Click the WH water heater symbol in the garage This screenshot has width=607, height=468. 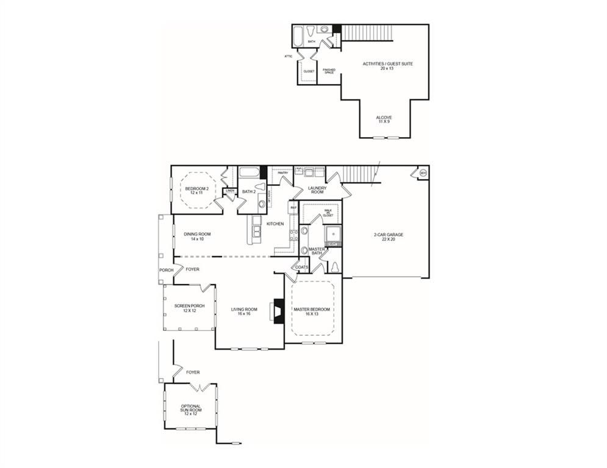(423, 173)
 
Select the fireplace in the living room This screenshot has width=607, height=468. (278, 310)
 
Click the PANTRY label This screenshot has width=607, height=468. (282, 173)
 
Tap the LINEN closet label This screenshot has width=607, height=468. (230, 191)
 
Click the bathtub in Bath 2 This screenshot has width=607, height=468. (249, 172)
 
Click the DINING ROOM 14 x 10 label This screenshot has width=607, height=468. (196, 236)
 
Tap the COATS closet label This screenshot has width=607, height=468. (302, 267)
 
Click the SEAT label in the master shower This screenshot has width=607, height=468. (332, 244)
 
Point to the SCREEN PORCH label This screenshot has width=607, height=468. (189, 308)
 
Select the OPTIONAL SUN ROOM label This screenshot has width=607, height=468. (190, 409)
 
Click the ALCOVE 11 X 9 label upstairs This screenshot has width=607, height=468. (384, 119)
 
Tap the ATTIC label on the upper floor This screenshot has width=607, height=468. (289, 57)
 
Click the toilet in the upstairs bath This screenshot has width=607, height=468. (311, 30)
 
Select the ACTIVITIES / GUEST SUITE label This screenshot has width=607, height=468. (383, 66)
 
